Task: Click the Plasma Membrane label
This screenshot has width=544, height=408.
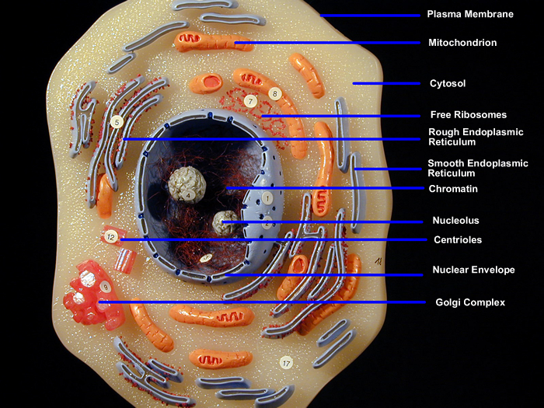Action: pos(470,14)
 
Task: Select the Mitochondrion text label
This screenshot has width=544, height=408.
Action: pos(462,43)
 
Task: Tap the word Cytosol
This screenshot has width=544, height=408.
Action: pos(448,84)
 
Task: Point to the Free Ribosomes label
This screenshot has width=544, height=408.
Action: pos(469,115)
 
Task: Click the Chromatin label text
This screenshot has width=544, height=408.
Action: pos(453,189)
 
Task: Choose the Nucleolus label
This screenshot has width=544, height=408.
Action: pos(455,220)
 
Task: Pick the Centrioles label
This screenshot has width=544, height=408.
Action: pos(458,239)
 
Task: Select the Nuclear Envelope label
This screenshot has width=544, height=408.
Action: pos(473,270)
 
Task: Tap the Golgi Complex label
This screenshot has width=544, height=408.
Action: pos(470,302)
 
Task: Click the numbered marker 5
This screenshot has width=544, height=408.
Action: pos(117,122)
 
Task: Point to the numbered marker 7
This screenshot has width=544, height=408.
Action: pos(250,101)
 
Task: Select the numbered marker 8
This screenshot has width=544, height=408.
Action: pos(275,94)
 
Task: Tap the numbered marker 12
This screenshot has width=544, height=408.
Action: pos(111,237)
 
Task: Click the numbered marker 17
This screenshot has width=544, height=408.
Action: pos(286,363)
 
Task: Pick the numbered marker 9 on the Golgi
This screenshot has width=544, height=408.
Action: pos(105,287)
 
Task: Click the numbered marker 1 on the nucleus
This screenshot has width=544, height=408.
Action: pos(267,198)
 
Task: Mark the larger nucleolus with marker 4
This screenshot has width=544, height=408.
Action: pos(187,185)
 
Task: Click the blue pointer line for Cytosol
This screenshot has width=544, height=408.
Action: pos(386,84)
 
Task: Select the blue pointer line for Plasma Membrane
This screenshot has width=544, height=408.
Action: pos(370,16)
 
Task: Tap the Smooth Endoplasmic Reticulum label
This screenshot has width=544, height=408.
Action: pos(478,169)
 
